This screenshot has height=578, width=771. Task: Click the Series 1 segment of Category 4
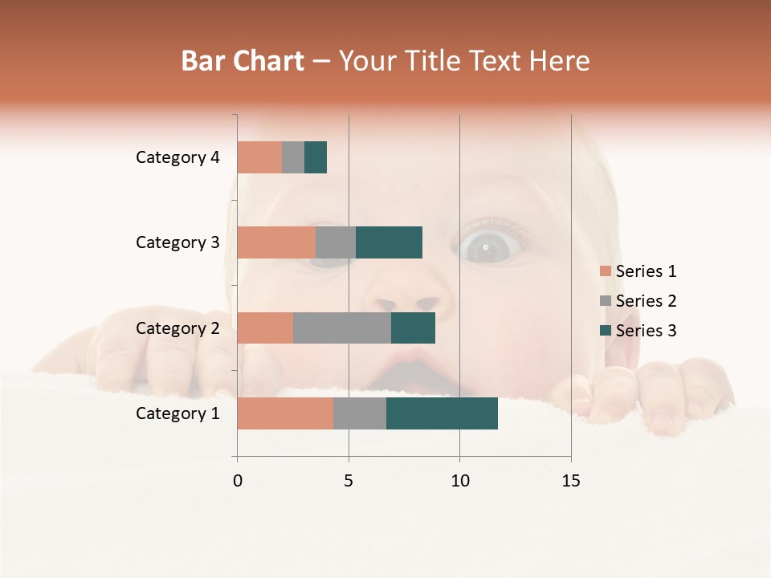click(x=259, y=157)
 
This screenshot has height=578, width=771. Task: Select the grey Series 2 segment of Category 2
click(x=342, y=328)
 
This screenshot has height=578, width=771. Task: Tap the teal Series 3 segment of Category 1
click(x=442, y=413)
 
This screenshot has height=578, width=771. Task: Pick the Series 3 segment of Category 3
click(x=389, y=242)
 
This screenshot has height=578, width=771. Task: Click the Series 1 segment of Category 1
click(x=285, y=413)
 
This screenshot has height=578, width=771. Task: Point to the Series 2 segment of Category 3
click(x=336, y=242)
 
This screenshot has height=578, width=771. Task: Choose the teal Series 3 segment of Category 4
click(x=316, y=157)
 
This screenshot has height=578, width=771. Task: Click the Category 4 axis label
click(x=177, y=157)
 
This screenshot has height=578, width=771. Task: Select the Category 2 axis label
click(x=177, y=328)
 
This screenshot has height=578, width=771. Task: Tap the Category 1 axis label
click(x=177, y=413)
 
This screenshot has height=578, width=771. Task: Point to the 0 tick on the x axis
click(x=238, y=481)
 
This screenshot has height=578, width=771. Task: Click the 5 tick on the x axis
click(x=349, y=481)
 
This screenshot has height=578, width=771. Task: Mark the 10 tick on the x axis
click(x=459, y=481)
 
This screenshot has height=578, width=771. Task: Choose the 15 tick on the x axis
click(x=570, y=481)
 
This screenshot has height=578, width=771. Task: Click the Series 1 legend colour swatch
click(x=606, y=271)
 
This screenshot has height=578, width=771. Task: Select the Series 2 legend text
click(x=646, y=301)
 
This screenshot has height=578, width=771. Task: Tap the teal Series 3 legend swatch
click(x=606, y=331)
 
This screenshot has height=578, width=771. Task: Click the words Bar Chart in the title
click(x=243, y=61)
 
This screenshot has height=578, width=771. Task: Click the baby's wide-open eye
click(x=488, y=248)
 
